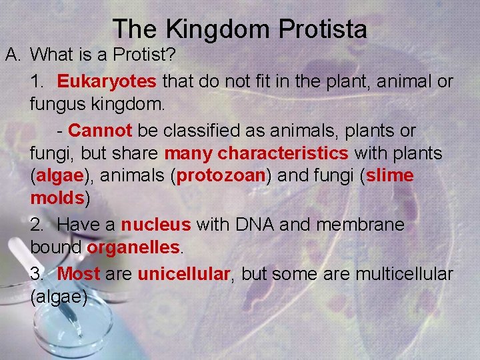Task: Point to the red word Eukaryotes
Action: [107, 82]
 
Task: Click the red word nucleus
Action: [155, 225]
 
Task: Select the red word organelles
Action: [133, 248]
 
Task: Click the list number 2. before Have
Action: [37, 225]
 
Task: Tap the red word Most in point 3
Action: [79, 273]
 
